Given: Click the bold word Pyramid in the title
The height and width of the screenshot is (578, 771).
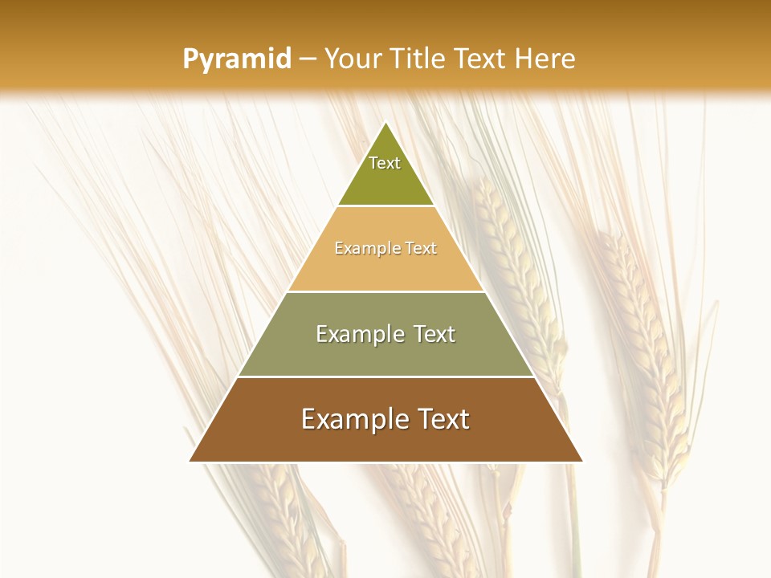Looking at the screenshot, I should click(x=237, y=59).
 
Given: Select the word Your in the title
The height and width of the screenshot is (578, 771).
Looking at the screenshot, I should click(x=355, y=59).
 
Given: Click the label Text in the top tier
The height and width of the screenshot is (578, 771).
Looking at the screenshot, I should click(x=385, y=163).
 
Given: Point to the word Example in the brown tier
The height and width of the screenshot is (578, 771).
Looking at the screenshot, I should click(x=350, y=419).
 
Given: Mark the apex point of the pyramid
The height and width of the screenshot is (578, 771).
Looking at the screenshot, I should click(x=386, y=123).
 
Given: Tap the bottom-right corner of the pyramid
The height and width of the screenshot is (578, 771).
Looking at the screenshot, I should click(x=581, y=461).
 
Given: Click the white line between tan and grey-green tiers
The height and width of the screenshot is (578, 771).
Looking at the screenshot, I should click(x=386, y=291).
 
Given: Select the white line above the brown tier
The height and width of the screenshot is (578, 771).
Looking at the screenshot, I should click(x=386, y=377).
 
